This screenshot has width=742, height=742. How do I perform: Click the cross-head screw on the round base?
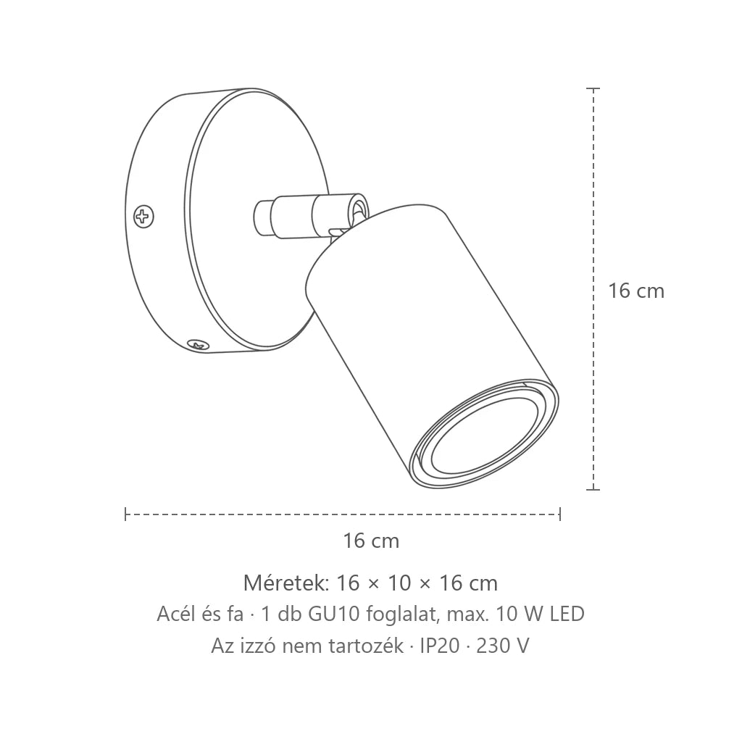144,217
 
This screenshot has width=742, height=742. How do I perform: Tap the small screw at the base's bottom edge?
199,345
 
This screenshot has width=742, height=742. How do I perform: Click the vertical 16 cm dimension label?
636,291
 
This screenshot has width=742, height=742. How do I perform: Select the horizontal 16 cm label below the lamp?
371,541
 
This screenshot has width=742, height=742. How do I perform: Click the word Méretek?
285,583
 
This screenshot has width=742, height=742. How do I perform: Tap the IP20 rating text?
440,646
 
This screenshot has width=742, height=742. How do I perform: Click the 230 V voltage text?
503,646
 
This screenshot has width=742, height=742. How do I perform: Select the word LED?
567,614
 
